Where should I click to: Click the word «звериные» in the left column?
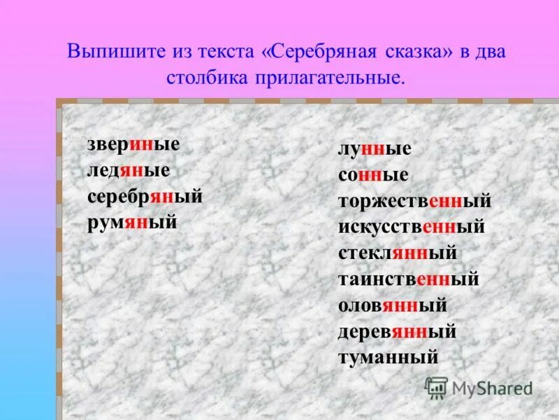(133, 144)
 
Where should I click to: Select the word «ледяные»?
(129, 170)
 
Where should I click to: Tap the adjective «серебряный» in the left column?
(145, 197)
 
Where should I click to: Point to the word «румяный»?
(132, 223)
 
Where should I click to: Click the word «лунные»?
(375, 149)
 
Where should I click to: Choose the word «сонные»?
(373, 175)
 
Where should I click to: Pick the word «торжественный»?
(415, 202)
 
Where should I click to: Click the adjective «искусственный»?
(412, 227)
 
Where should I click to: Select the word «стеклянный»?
(398, 253)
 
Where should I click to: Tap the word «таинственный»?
(409, 279)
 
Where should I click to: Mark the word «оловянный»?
(393, 306)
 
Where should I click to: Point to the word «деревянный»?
(397, 332)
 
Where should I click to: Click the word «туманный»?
(388, 358)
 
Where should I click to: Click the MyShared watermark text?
(492, 388)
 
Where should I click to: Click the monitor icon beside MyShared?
(436, 387)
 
